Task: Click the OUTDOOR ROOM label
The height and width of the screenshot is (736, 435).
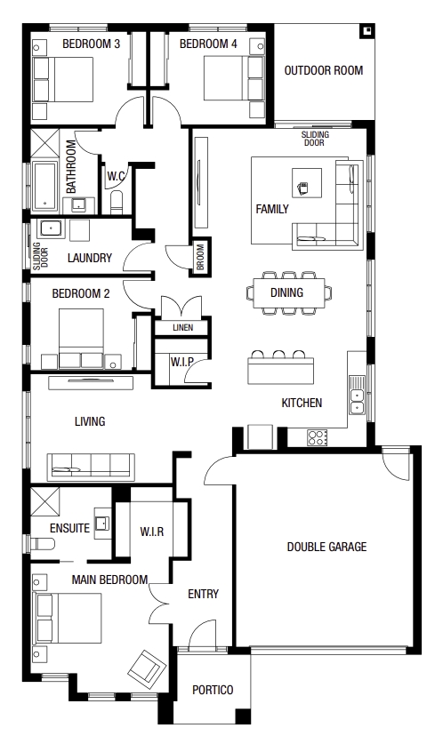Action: tap(324, 70)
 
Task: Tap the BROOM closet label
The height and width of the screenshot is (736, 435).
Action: tap(200, 256)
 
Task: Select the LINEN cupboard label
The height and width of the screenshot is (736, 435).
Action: tap(182, 328)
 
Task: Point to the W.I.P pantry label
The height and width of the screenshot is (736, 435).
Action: tap(181, 362)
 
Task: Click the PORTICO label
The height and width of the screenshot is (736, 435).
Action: tap(213, 690)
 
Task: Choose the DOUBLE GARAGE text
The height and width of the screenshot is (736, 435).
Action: tap(326, 547)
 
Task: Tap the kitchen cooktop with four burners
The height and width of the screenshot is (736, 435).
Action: tap(318, 437)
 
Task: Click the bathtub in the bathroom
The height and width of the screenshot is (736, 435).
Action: tap(45, 186)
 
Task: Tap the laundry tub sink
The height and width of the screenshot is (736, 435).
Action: tap(49, 229)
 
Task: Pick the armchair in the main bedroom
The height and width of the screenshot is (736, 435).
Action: tap(147, 667)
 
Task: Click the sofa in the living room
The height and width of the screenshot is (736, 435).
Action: tap(91, 467)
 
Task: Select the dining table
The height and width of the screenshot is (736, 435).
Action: tap(289, 293)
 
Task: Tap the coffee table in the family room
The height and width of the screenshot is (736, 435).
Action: tap(307, 183)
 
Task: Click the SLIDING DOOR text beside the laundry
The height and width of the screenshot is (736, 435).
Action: tap(40, 256)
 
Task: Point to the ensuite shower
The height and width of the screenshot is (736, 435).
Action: tap(45, 501)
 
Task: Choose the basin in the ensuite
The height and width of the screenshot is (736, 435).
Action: tap(102, 523)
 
